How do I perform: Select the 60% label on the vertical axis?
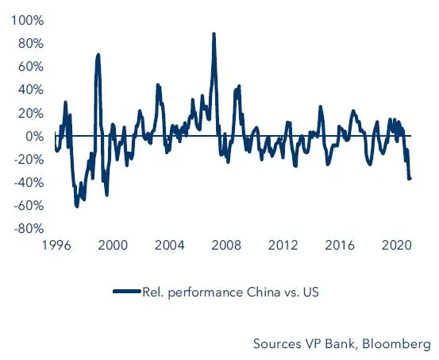click(29, 67)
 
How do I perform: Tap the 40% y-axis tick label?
click(29, 90)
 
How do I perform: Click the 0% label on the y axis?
click(33, 137)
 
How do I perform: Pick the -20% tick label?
click(27, 160)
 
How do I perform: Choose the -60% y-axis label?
click(27, 206)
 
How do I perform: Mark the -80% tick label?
click(27, 229)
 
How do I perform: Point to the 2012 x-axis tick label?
click(283, 246)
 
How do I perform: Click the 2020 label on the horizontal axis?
click(398, 246)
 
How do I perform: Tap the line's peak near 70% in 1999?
click(98, 55)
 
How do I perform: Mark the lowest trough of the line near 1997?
click(77, 206)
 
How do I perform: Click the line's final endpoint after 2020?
click(410, 178)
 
